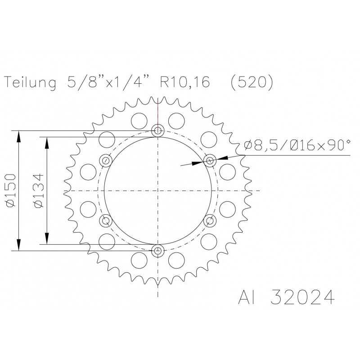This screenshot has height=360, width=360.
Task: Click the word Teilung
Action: pos(30,82)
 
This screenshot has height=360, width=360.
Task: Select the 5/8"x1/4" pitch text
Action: pos(108,81)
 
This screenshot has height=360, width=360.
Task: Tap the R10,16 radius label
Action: pos(185,82)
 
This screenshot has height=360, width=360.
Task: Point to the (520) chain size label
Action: pos(252,82)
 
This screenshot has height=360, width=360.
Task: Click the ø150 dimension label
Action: pos(11,190)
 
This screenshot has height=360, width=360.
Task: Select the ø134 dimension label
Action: pos(38,190)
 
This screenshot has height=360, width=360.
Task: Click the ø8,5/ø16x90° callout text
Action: pos(297,145)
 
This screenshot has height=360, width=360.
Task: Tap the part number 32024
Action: pos(302,297)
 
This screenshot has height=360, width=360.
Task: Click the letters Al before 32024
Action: pos(247,297)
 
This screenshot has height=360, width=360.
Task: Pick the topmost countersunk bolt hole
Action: pos(158,130)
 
